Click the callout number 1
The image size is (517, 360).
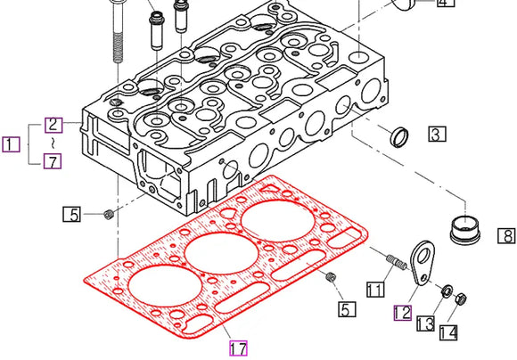[x=11, y=143]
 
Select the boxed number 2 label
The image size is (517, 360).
[x=54, y=126]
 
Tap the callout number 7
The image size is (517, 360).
[x=54, y=161]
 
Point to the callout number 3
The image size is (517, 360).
[x=436, y=135]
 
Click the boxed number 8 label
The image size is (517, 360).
[x=506, y=236]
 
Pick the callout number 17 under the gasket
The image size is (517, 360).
[x=237, y=348]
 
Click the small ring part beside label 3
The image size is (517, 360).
[x=400, y=137]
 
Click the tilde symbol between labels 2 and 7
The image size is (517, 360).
[x=55, y=143]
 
